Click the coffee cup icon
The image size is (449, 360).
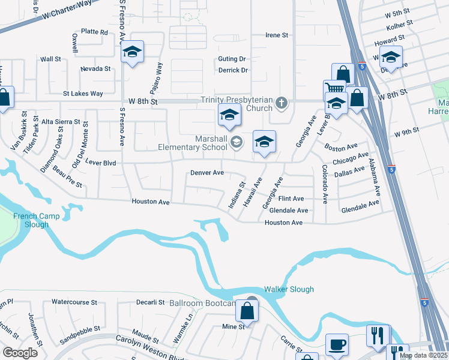[x=336, y=345]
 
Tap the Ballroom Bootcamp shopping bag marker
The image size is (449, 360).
[x=247, y=311]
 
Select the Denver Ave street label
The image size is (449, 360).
[x=207, y=173]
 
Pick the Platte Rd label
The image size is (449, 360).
[x=94, y=32]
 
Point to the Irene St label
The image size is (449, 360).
[x=277, y=35]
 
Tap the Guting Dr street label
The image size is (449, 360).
[x=232, y=59]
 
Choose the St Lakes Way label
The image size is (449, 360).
[x=83, y=94]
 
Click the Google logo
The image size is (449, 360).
[x=20, y=353]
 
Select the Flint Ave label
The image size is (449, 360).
[x=291, y=199]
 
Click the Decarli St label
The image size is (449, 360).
[x=150, y=302]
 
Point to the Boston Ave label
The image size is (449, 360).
[x=341, y=146]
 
